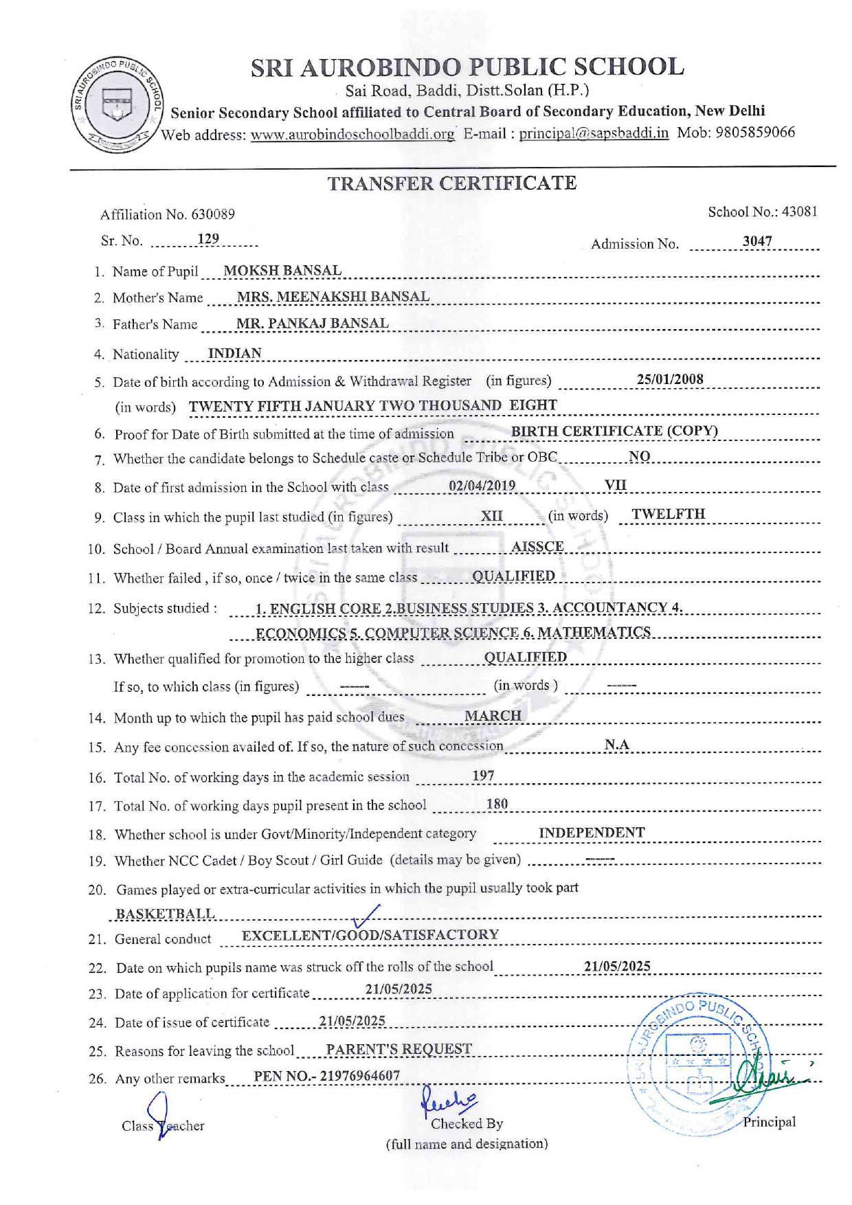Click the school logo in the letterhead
(117, 105)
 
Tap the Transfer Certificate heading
(451, 183)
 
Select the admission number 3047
(757, 241)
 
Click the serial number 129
(208, 239)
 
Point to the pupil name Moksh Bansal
(282, 271)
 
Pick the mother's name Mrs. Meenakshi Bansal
(333, 297)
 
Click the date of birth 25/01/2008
(670, 379)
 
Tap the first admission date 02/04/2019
(482, 486)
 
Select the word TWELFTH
(669, 515)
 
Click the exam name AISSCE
(537, 547)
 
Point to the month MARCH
(493, 716)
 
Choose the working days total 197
(483, 776)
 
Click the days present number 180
(497, 804)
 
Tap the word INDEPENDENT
(592, 833)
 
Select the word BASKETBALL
(165, 914)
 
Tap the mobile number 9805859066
(755, 132)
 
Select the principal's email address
(594, 133)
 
